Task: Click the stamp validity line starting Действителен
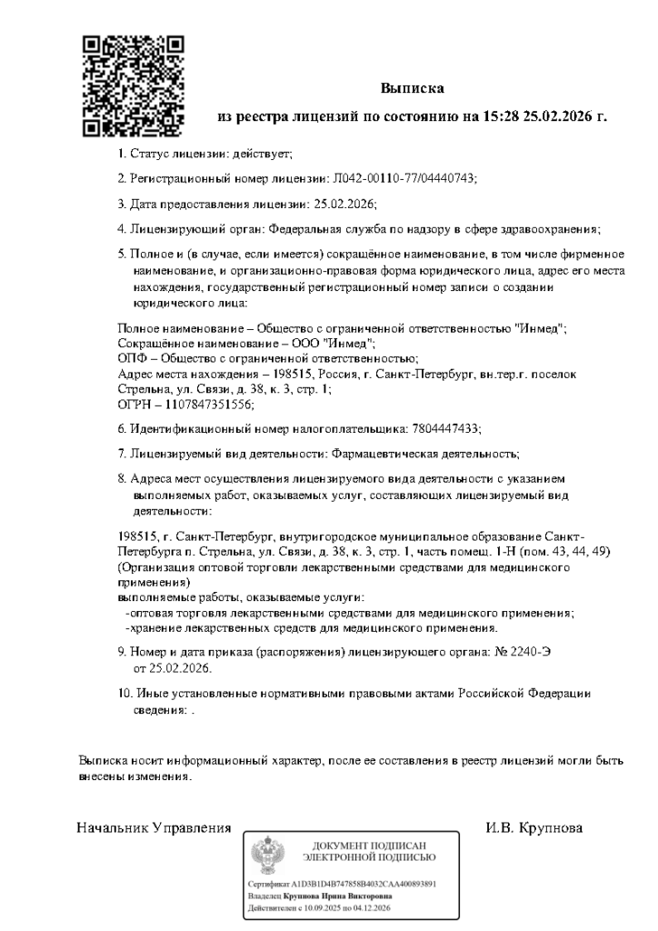coord(319,907)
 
